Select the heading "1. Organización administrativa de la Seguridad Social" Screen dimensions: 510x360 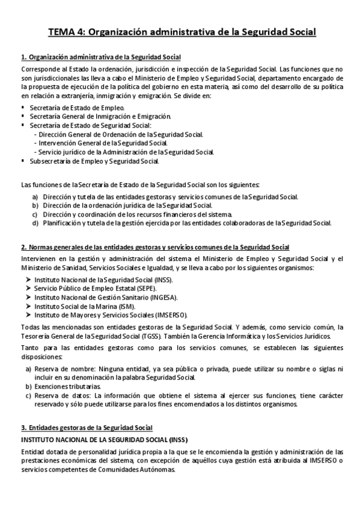pyautogui.click(x=100, y=58)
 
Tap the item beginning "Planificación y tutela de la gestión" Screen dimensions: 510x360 pyautogui.click(x=186, y=223)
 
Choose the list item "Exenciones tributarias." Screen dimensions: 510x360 pyautogui.click(x=67, y=386)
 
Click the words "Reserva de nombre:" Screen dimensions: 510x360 pyautogui.click(x=63, y=369)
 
